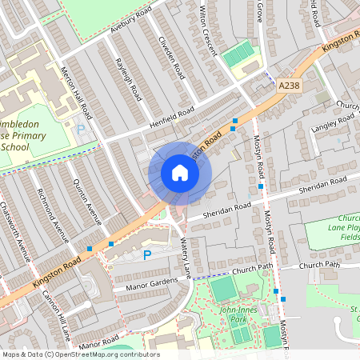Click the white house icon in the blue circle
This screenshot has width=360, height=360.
180,173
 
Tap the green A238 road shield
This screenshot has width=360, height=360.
289,83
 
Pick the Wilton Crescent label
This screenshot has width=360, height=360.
207,30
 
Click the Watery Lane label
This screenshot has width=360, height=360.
186,257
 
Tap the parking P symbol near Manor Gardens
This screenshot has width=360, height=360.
146,255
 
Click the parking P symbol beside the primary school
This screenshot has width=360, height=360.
80,129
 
